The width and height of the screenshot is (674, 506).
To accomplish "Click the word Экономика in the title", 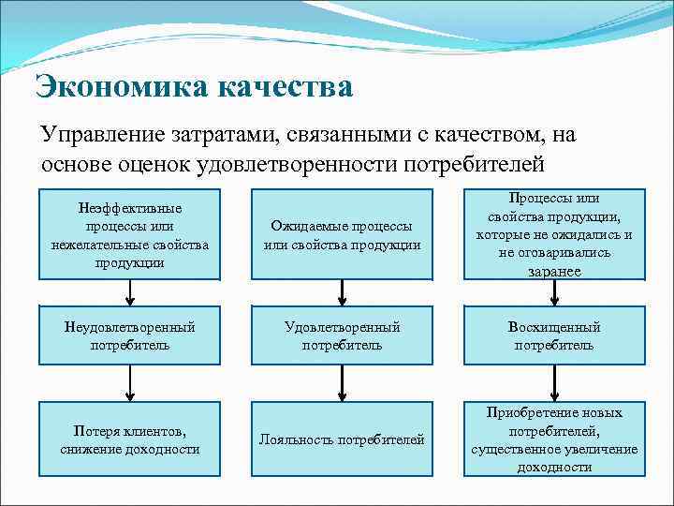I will click(120, 87).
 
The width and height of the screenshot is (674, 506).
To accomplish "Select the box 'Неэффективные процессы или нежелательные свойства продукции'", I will click(130, 234).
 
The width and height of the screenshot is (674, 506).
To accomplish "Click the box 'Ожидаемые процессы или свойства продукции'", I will click(342, 234).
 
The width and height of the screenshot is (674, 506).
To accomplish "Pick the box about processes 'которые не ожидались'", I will click(554, 234).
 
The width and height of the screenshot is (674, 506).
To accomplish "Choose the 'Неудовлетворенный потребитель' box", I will click(130, 335).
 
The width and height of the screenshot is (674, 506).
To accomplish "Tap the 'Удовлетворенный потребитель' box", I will click(342, 335).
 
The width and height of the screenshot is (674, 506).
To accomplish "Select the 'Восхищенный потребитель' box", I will click(554, 335).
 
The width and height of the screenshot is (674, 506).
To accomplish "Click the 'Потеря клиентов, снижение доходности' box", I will click(130, 439).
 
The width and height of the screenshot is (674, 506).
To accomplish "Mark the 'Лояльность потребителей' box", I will click(342, 439).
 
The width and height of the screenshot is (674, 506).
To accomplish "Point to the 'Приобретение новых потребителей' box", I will click(554, 439).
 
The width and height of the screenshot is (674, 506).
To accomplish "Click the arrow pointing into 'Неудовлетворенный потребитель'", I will click(130, 292).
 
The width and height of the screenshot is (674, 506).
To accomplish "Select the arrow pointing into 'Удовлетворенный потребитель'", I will click(342, 292).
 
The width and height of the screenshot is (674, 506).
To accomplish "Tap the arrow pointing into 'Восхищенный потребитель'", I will click(554, 292).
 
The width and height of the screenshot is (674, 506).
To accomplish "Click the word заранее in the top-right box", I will click(553, 271).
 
